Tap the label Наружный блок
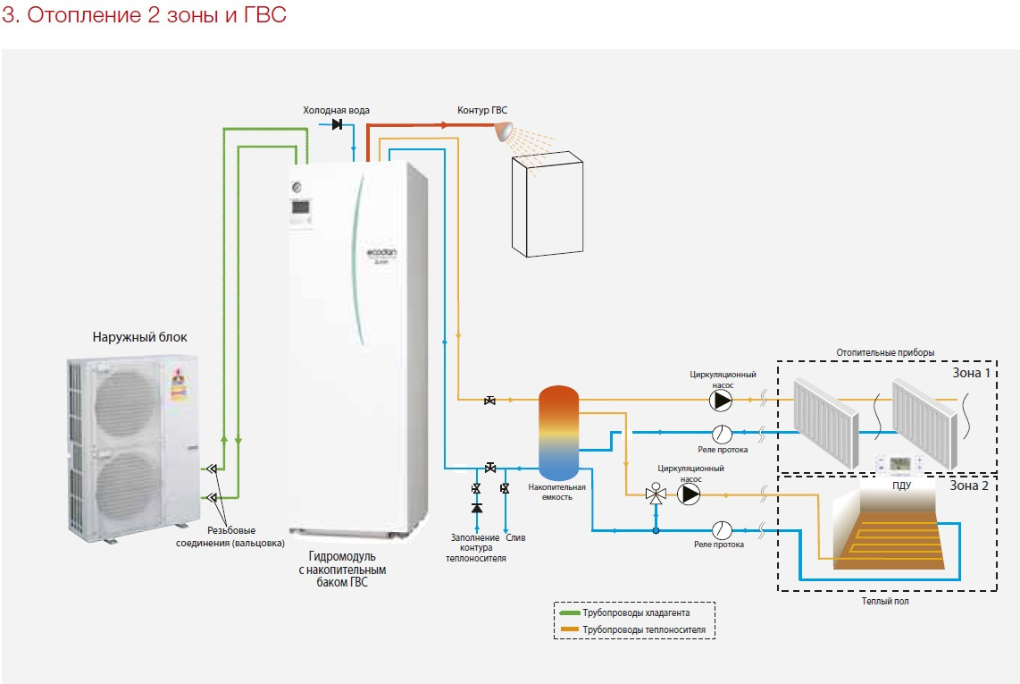140,337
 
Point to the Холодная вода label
336,110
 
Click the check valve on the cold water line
338,124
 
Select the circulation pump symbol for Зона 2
689,494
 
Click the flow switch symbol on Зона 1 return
722,434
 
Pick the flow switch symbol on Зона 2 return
722,529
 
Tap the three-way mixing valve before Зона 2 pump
656,494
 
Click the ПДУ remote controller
900,464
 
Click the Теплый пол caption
885,602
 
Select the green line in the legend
568,613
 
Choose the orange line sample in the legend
568,629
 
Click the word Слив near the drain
515,537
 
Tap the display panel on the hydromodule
301,208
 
